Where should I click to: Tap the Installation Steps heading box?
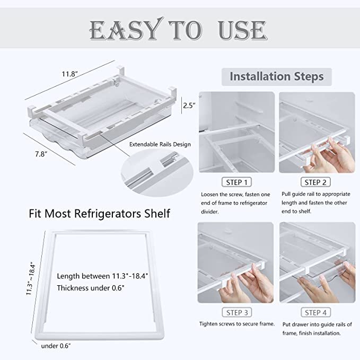tap(276, 76)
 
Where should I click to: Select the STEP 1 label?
tap(236, 182)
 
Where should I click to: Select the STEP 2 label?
tap(317, 182)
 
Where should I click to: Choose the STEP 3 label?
tap(236, 312)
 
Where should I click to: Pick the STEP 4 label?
tap(317, 312)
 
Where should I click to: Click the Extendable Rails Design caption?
tap(160, 144)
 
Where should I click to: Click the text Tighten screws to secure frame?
tap(236, 323)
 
